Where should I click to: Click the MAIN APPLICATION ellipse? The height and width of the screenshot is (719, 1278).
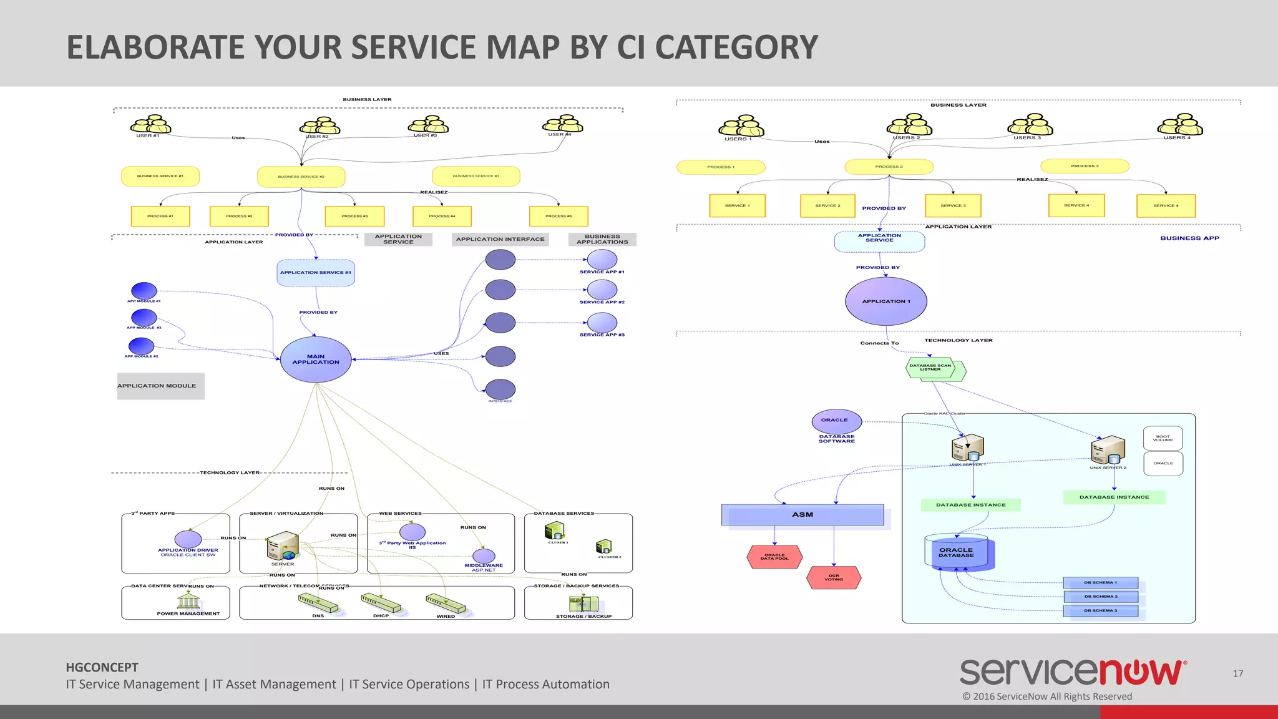tap(316, 359)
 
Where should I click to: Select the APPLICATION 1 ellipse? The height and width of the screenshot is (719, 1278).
tap(886, 301)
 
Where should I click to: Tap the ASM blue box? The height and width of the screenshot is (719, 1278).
tap(802, 515)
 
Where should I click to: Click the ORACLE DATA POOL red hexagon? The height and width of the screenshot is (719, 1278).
tap(774, 557)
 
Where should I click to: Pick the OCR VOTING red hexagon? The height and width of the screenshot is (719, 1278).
tap(834, 578)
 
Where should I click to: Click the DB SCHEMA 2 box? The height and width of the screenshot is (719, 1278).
tap(1100, 597)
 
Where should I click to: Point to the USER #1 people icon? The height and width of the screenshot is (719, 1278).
tap(150, 125)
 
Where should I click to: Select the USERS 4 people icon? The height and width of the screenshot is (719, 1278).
tap(1180, 125)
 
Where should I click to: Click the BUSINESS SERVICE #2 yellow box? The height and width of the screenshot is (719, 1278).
tap(301, 177)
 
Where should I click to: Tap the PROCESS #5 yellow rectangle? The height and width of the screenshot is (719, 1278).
tap(559, 216)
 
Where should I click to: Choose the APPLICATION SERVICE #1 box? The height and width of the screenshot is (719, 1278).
tap(316, 273)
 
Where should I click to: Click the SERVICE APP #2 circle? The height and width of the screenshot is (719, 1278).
tap(602, 290)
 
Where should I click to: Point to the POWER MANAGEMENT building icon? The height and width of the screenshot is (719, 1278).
tap(188, 601)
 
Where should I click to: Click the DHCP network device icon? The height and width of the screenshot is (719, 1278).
tap(381, 604)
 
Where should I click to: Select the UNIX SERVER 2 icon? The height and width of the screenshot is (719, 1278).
tap(1108, 450)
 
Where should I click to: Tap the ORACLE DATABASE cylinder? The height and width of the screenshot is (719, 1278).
tap(956, 552)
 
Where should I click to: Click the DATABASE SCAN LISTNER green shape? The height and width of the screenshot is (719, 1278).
tap(931, 368)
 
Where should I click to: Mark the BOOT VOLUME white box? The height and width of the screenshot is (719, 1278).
tap(1163, 439)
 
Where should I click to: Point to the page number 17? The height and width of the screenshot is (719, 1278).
tap(1238, 673)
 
